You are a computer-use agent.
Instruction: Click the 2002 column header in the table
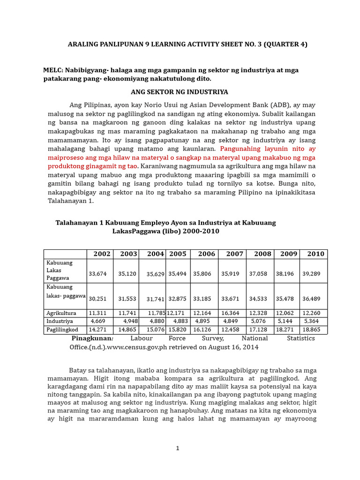[x=102, y=254]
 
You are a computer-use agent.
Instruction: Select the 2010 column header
[x=315, y=254]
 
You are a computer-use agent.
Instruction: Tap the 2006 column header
[x=206, y=254]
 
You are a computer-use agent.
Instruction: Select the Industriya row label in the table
[x=60, y=321]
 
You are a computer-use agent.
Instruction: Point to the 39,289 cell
[x=313, y=273]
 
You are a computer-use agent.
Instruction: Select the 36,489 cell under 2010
[x=313, y=298]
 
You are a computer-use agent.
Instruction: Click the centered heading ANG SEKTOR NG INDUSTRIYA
[x=180, y=92]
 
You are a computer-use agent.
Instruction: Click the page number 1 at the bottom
[x=178, y=449]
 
